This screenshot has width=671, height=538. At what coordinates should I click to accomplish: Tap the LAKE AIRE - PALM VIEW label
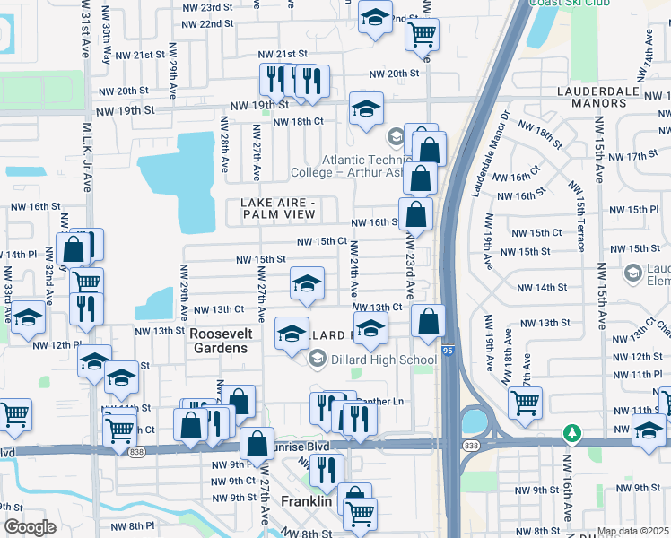coord(279,208)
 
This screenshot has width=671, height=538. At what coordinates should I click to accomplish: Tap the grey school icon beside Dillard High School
coord(317,359)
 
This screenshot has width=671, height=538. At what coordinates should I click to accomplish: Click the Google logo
coord(30,527)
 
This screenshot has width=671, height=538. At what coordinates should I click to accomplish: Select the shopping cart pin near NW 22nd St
coord(422,34)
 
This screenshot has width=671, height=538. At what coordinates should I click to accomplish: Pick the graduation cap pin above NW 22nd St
coord(375,16)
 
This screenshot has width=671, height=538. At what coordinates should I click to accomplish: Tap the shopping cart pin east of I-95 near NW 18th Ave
coord(525,403)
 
